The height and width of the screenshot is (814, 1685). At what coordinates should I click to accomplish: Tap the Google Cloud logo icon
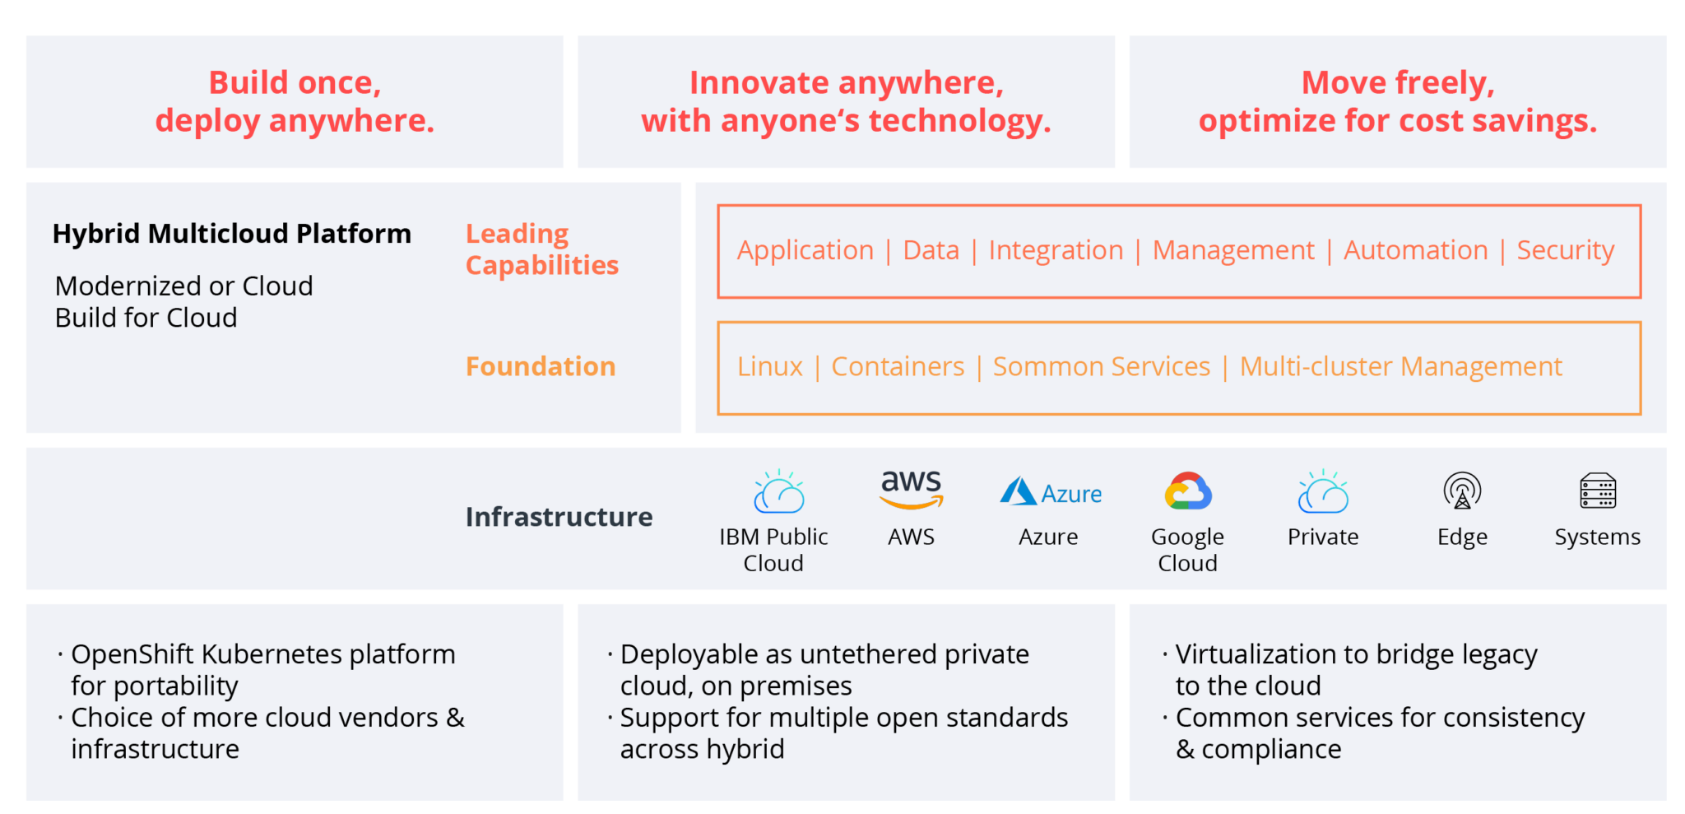coord(1187,491)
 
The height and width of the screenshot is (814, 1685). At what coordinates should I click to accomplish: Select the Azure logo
coord(1050,492)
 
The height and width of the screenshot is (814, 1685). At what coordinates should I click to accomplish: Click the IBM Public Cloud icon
coord(778,491)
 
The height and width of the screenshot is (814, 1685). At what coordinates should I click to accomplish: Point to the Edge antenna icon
coord(1462,491)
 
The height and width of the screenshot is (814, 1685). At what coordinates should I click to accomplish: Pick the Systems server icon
coord(1598,491)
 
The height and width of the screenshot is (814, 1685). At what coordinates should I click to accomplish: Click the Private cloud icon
coord(1323,491)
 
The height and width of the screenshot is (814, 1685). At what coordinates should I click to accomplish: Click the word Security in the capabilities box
coord(1565,250)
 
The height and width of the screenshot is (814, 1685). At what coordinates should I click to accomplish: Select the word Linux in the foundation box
coord(769,366)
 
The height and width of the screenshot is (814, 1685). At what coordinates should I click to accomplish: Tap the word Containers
coord(898,366)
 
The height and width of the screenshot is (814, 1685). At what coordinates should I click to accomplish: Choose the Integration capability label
coord(1056,251)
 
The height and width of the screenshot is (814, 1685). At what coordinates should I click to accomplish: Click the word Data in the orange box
coord(931,250)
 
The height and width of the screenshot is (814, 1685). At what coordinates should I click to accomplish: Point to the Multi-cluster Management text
coord(1400,367)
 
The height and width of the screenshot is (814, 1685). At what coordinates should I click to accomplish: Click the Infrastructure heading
coord(559,517)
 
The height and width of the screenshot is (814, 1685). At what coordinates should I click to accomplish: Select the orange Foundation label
coord(541,366)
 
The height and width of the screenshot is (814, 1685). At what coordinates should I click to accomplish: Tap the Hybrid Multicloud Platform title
coord(231,235)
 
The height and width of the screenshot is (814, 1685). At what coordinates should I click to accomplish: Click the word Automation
coord(1415,250)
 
